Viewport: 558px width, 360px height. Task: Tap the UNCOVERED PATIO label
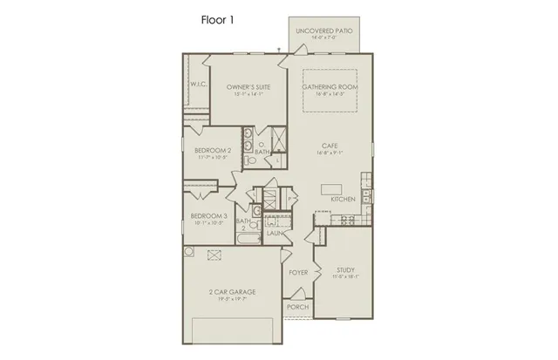[x=323, y=31]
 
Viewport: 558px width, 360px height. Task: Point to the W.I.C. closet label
[x=197, y=85]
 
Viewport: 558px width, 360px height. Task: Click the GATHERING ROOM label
[x=330, y=87]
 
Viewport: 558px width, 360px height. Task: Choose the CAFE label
[x=329, y=146]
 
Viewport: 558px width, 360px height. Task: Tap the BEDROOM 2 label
[x=212, y=151]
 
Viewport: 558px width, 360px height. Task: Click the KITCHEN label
[x=343, y=200]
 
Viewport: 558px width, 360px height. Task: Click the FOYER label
[x=297, y=273]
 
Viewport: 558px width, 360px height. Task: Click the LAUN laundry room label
[x=273, y=234]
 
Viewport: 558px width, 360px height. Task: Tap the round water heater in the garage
[x=188, y=251]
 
